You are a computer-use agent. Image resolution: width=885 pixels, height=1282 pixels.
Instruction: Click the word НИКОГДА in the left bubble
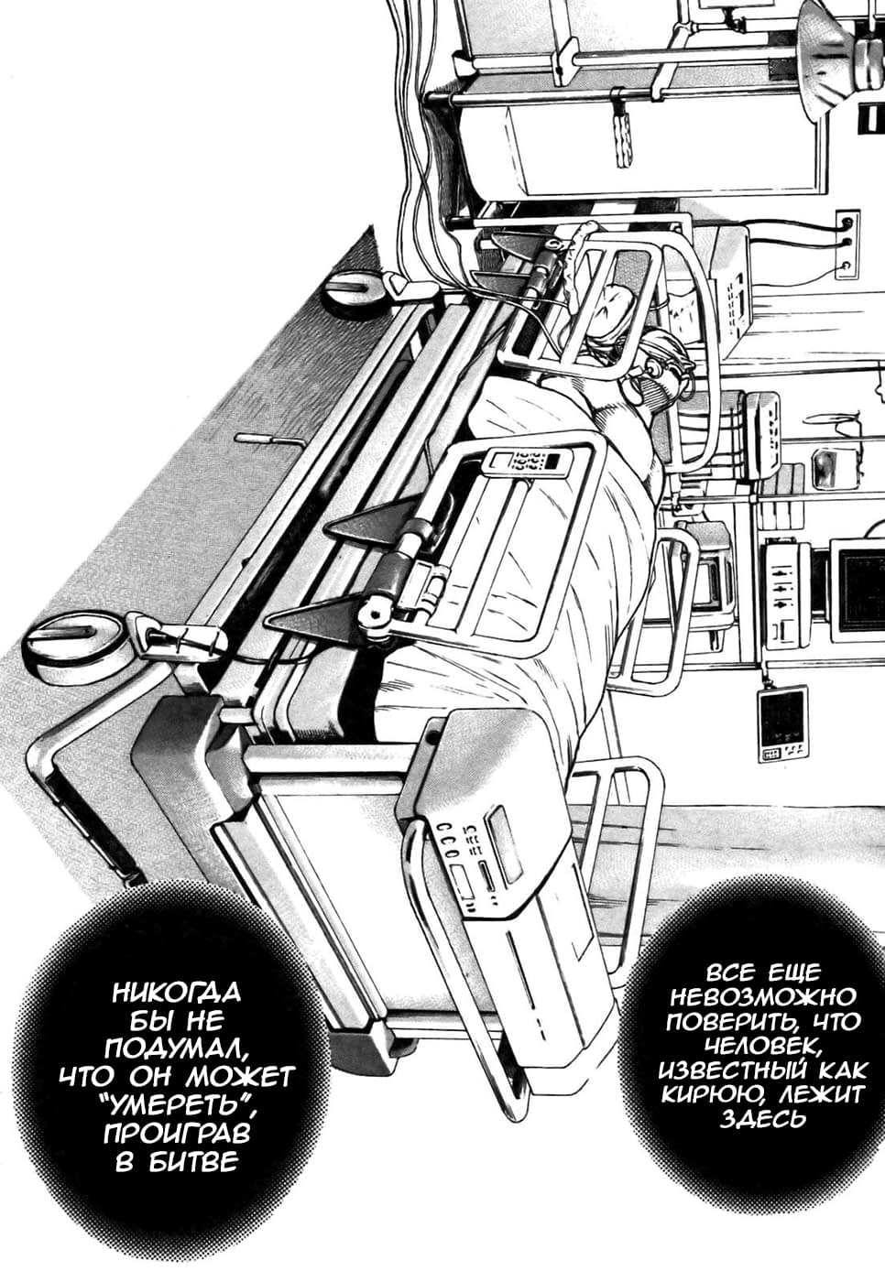[x=177, y=993]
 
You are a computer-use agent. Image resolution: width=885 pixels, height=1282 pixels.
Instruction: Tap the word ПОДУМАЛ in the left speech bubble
[x=177, y=1048]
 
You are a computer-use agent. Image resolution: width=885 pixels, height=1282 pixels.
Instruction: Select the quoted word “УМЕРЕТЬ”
[x=177, y=1104]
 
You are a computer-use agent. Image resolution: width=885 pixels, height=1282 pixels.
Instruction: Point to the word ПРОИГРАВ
[x=177, y=1133]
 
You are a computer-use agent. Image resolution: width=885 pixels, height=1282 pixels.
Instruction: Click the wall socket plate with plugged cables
[x=847, y=244]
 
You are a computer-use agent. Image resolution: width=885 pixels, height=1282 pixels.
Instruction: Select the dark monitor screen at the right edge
[x=861, y=587]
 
